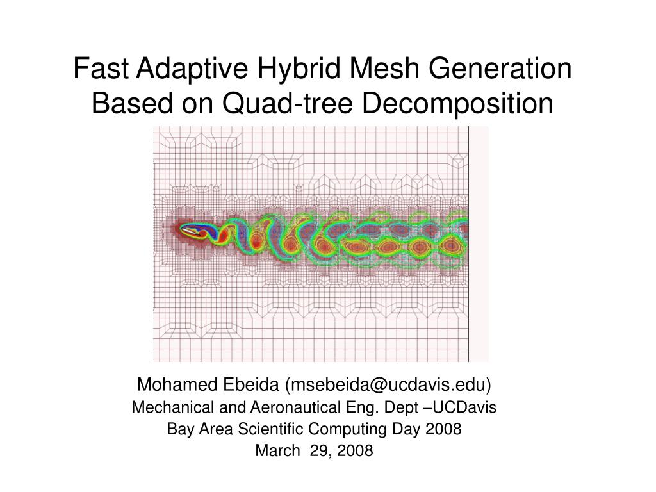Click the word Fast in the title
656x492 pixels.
coord(95,69)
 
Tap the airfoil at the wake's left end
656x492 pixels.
coord(196,229)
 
